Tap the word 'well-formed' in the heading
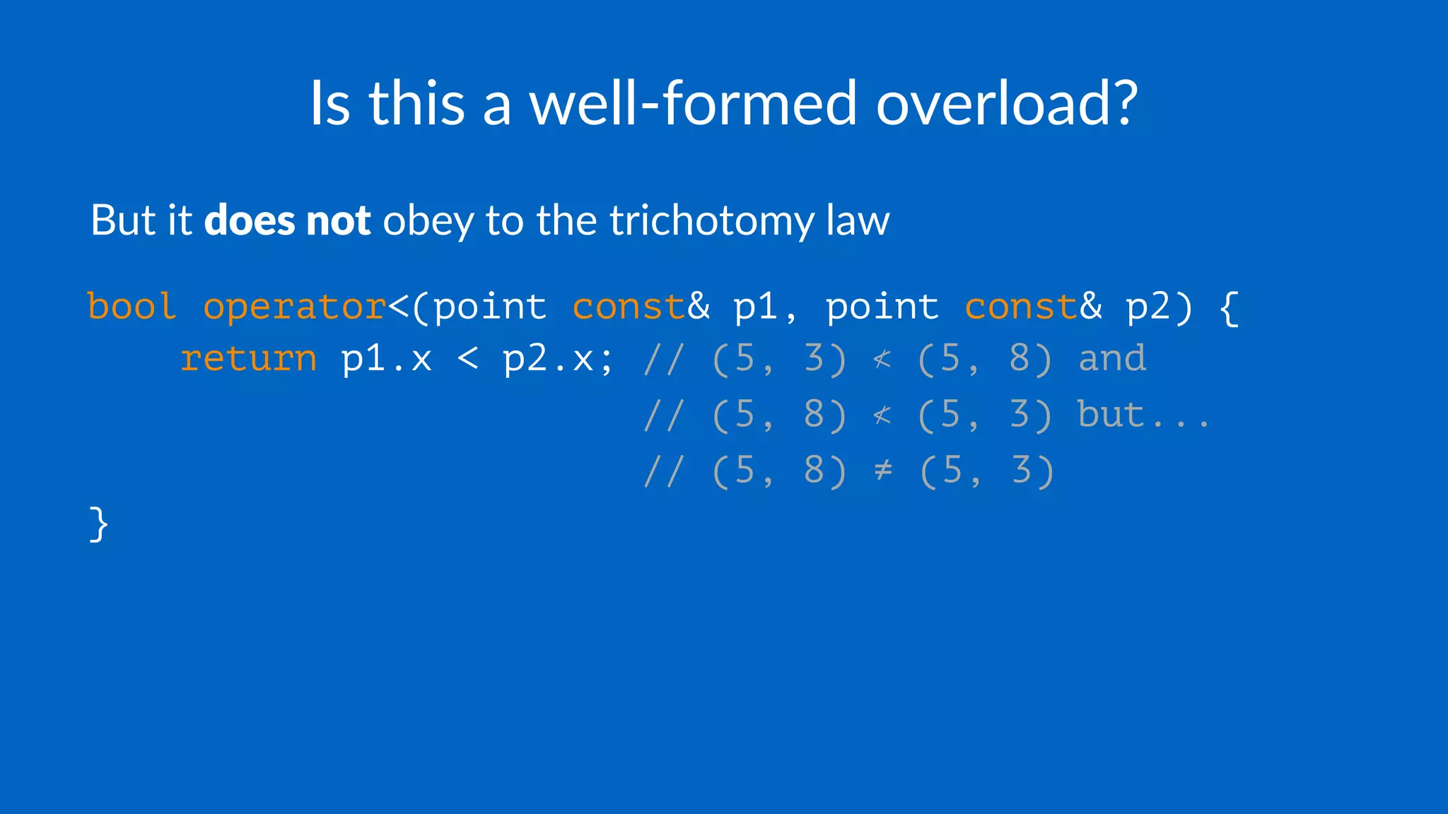693,103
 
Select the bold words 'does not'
287,220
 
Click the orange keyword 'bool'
132,307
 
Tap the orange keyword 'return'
248,358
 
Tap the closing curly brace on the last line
99,524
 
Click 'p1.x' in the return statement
386,360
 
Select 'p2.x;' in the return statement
558,360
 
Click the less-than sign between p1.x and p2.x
468,358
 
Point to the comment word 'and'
1112,358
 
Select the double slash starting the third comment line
664,471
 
